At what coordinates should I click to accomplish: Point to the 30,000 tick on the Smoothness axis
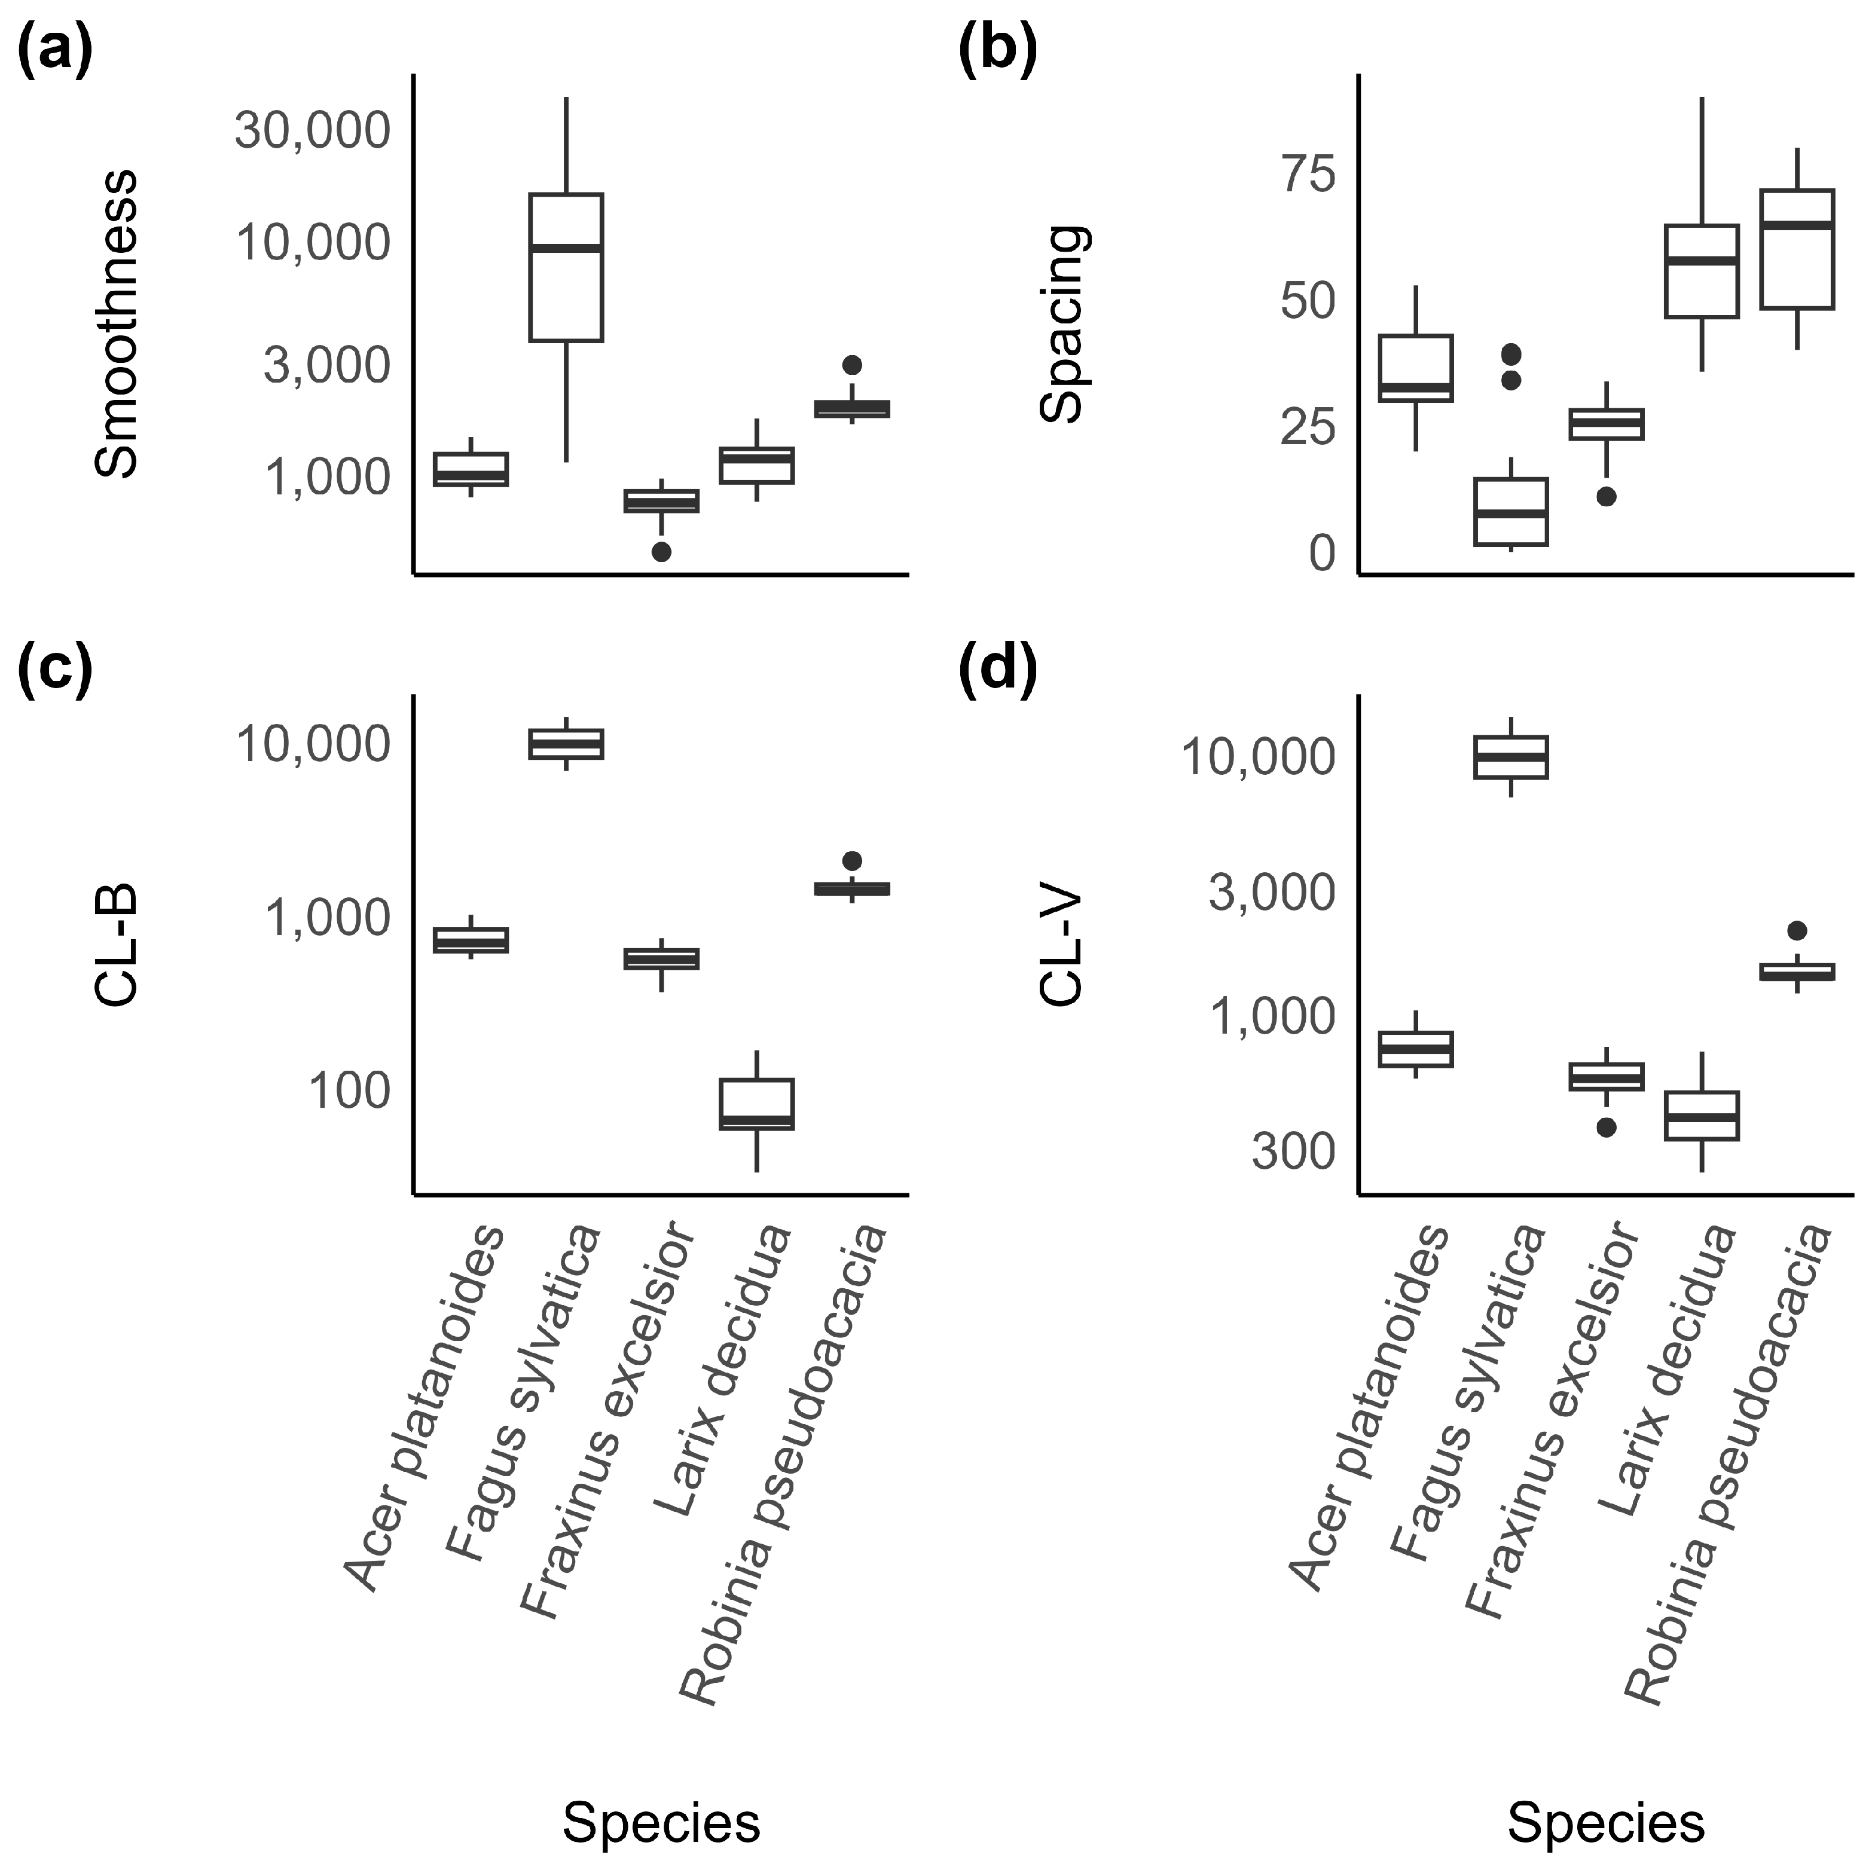pos(313,130)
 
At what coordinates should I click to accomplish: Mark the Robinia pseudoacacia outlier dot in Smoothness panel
pos(852,365)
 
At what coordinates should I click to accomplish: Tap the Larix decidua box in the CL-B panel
pos(757,1104)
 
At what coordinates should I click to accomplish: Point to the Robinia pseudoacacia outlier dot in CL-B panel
pos(852,861)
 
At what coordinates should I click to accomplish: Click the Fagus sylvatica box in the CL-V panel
pos(1511,757)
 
